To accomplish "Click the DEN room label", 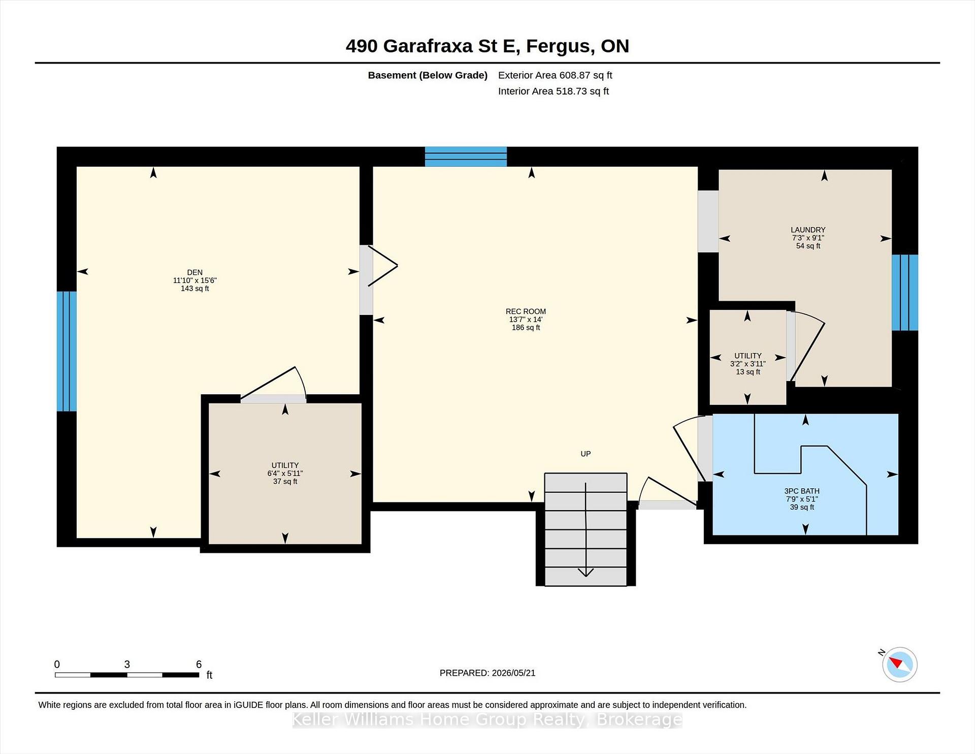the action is coord(195,272).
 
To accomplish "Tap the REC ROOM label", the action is coord(526,311).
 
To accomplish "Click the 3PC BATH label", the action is coord(802,491).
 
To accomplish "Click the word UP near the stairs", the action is coord(586,454).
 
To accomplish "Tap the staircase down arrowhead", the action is coord(586,572).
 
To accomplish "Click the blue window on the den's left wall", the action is coord(67,351).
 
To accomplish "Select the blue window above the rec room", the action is coord(466,156).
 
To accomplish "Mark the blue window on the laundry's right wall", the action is coord(905,292).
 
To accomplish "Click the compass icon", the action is coord(899,664).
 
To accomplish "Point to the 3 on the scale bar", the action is coord(127,664).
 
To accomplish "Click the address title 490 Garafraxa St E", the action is coord(431,46).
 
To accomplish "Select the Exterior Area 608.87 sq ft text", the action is coord(555,75).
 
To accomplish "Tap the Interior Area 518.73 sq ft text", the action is coord(554,91).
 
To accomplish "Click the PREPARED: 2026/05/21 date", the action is coord(487,673).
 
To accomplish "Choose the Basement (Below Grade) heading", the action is coord(428,75).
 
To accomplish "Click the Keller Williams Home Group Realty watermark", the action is coord(487,719).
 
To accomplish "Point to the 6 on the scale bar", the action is coord(199,664).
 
